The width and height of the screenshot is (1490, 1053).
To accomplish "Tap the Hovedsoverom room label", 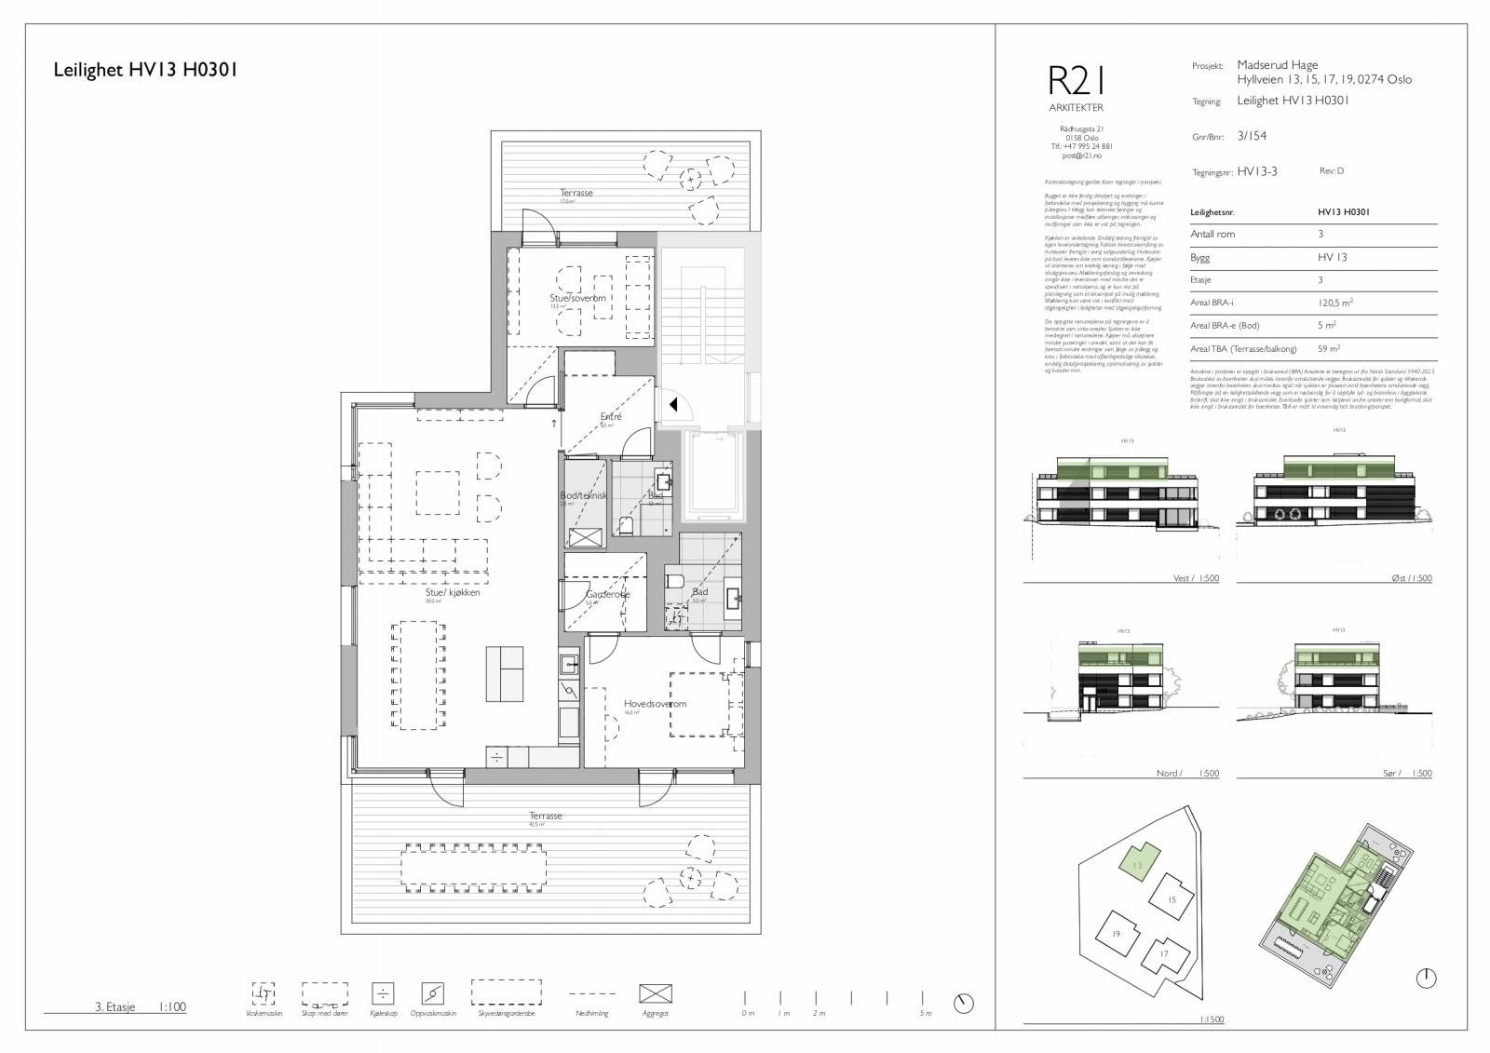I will tap(655, 704).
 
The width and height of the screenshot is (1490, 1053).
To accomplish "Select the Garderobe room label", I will tap(607, 594).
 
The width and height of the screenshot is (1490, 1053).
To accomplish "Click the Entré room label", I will tap(611, 416).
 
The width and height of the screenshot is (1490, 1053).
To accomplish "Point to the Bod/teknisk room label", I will tap(583, 495).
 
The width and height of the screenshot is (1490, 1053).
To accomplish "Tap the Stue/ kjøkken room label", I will tap(453, 592).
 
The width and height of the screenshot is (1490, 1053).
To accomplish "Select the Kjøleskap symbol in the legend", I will tap(383, 992).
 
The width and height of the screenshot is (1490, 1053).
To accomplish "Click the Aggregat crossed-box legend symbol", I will tap(655, 993).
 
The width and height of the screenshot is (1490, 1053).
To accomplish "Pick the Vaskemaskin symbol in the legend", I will tap(264, 992).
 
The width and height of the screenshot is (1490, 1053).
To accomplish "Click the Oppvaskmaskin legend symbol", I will tap(432, 992).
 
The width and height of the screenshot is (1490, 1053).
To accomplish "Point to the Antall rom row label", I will tap(1212, 234).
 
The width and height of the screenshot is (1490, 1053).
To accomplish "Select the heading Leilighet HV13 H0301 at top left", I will tap(145, 70).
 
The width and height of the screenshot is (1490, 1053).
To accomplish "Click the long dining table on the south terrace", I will tap(474, 865).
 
